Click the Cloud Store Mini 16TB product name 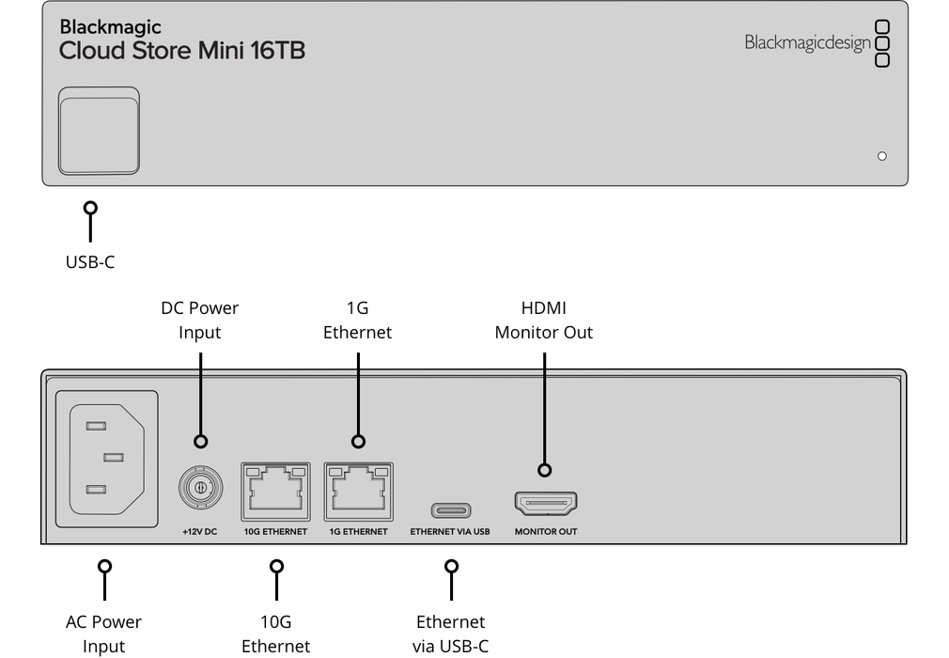(181, 51)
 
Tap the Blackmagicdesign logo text (807, 42)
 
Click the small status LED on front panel (881, 156)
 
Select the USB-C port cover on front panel (99, 131)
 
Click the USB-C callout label (90, 262)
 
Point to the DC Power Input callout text (199, 320)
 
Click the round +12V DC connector (199, 489)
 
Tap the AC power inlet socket (107, 458)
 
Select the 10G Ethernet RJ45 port (275, 490)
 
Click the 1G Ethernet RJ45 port (358, 490)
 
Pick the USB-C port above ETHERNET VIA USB (450, 510)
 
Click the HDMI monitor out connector (545, 504)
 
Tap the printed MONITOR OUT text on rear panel (545, 532)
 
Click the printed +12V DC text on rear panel (199, 532)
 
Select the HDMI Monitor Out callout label (543, 320)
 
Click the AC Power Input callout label (103, 634)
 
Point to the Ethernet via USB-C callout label (450, 634)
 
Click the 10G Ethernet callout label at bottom (275, 634)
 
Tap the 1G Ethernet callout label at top (357, 320)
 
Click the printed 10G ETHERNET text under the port (275, 532)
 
